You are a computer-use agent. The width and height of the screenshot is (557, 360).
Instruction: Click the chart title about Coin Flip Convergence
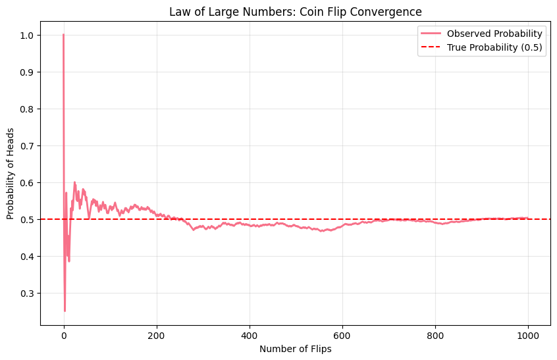[295, 12]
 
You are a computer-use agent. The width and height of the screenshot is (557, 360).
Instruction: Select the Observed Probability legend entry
[494, 34]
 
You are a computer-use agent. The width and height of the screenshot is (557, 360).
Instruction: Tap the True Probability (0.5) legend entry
[494, 48]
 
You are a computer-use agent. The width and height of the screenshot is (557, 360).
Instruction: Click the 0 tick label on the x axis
[64, 334]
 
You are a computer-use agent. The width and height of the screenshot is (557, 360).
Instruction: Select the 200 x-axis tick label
[157, 334]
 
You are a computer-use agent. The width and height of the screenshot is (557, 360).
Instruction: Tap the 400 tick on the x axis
[250, 334]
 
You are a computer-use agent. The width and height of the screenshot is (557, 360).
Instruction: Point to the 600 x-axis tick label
[342, 334]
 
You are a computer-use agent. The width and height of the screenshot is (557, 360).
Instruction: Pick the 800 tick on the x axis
[435, 334]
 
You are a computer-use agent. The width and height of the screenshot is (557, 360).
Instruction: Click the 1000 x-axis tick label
[528, 334]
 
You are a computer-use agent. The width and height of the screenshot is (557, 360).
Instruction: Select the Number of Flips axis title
[295, 349]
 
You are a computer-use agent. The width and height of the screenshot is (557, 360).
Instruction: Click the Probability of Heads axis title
[11, 173]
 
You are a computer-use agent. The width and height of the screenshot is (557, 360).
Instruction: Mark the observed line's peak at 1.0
[64, 35]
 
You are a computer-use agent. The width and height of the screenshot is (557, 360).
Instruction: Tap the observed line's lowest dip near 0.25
[65, 311]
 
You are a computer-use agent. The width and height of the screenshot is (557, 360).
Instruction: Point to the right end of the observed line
[527, 218]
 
